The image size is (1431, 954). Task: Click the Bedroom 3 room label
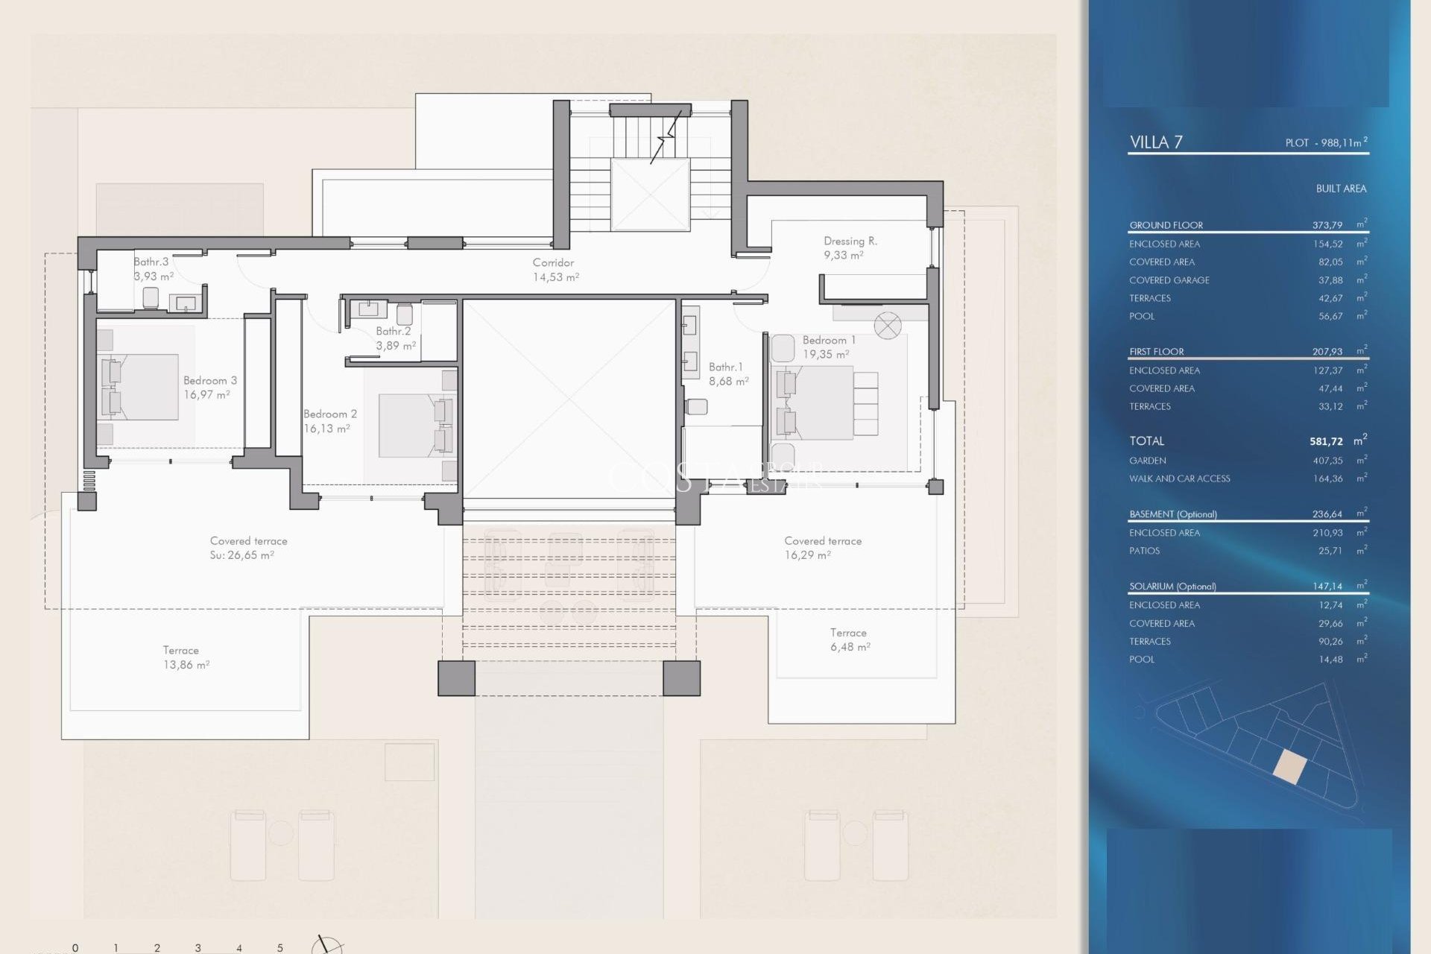[x=209, y=380]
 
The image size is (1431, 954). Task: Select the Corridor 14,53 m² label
[x=555, y=270]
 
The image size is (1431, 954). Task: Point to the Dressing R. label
[x=850, y=241]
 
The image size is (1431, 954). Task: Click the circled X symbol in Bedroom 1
[x=887, y=326]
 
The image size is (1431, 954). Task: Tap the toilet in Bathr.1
[x=696, y=407]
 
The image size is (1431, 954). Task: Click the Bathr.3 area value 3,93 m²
[x=154, y=277]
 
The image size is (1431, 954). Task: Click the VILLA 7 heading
[x=1155, y=142]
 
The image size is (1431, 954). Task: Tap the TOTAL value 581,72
[x=1325, y=441]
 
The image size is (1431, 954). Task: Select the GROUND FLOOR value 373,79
[x=1327, y=225]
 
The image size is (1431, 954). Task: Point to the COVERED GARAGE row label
[x=1169, y=280]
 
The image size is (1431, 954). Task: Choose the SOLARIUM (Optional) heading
[x=1172, y=587]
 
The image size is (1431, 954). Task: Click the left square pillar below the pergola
[x=456, y=678]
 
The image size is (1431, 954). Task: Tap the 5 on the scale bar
[x=280, y=948]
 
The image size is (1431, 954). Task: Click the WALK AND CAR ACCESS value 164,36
[x=1327, y=478]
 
